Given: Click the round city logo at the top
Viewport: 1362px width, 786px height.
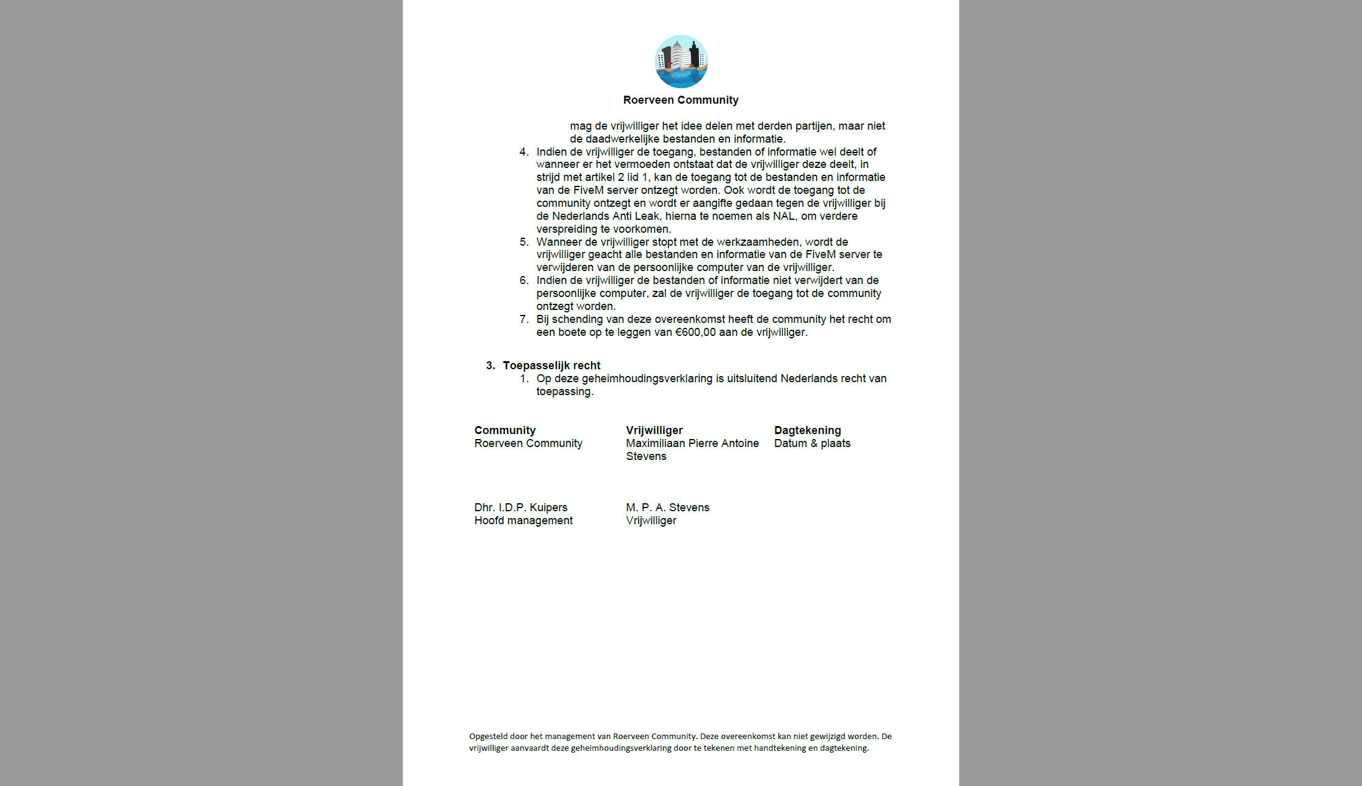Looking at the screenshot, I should click(x=681, y=61).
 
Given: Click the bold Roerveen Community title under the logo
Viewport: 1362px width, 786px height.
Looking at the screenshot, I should click(x=680, y=100).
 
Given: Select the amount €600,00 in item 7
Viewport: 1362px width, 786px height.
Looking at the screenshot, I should click(x=695, y=332).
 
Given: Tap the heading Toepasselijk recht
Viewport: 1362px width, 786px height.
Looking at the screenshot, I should click(x=551, y=366).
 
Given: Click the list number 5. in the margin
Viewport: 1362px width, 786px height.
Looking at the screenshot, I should click(x=524, y=242).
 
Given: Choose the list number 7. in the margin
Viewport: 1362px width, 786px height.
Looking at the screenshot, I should click(x=524, y=319).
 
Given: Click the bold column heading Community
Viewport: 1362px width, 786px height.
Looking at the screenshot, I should click(x=504, y=430).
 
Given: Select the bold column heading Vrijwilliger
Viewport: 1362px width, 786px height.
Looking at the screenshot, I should click(x=654, y=430).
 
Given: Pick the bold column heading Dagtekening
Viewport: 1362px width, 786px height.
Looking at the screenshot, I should click(x=807, y=430).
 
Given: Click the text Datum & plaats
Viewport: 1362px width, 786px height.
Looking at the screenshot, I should click(x=812, y=443).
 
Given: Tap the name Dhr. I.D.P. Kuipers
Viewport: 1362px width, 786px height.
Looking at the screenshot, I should click(x=520, y=508).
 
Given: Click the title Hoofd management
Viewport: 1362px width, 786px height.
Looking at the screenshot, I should click(x=523, y=521).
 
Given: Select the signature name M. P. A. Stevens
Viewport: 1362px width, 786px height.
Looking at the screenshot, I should click(x=667, y=508).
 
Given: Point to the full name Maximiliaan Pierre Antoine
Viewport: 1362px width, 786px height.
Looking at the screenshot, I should click(x=692, y=443).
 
